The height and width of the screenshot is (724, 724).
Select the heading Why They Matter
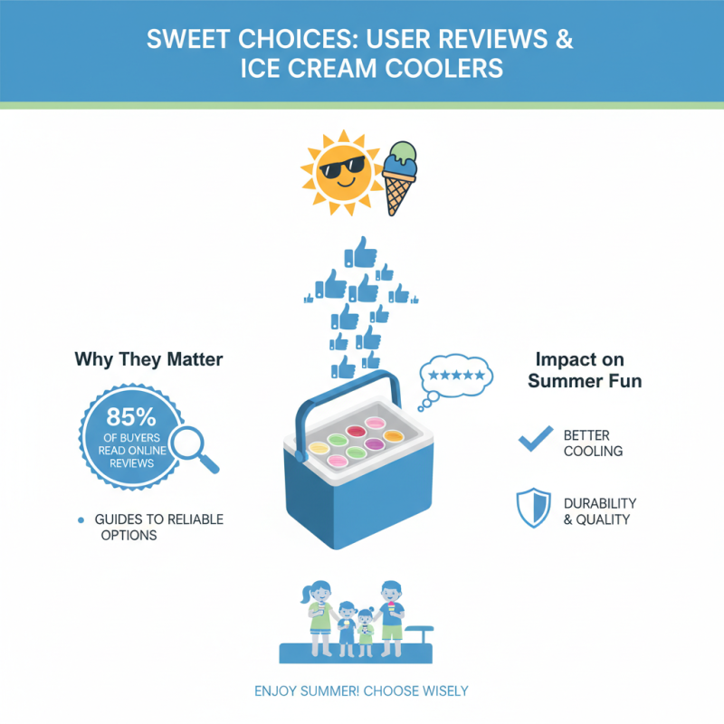[x=148, y=360]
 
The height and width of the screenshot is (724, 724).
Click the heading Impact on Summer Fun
[x=585, y=369]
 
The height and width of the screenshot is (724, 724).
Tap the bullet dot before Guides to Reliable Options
[x=82, y=519]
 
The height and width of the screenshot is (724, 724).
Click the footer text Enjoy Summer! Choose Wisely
[x=361, y=691]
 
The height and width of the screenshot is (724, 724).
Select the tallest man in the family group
[x=391, y=615]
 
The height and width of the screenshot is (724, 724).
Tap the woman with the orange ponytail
[x=319, y=615]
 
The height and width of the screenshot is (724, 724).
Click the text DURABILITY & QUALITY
[x=599, y=511]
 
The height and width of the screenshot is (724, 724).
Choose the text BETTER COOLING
[x=593, y=443]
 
